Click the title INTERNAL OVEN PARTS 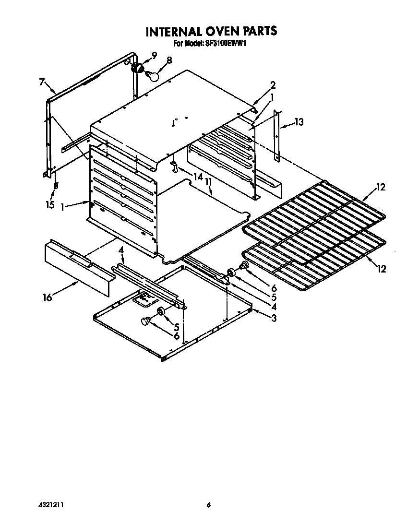coord(211,32)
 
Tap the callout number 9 coord(154,55)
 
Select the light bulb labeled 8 coord(153,75)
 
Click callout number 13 coord(299,122)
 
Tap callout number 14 coord(197,177)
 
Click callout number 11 coord(209,182)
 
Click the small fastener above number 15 coord(56,185)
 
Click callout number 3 coord(273,318)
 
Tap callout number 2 coord(273,86)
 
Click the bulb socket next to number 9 coord(138,68)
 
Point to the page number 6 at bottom coord(208,505)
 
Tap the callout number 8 coord(169,60)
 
